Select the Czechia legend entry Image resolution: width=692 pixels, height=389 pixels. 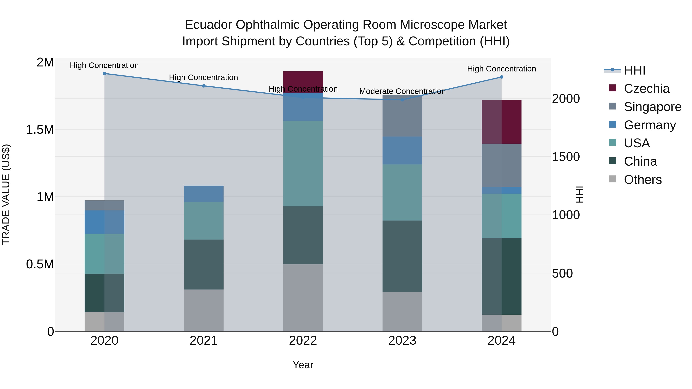point(646,89)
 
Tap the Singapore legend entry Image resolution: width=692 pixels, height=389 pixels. point(652,107)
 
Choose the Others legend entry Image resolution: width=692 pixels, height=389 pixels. point(643,180)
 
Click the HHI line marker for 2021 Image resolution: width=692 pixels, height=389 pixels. point(204,86)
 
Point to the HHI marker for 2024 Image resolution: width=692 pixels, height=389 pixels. point(501,77)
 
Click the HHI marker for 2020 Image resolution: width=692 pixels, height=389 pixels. point(105,74)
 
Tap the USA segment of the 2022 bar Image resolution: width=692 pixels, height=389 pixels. point(303,163)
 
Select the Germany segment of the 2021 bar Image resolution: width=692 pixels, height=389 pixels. point(204,194)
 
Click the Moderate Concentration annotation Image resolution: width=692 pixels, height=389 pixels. point(402,91)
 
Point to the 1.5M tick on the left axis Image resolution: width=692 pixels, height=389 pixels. point(40,130)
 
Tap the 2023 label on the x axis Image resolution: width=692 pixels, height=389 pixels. point(402,341)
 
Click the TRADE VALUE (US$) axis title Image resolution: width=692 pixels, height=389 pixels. point(6,194)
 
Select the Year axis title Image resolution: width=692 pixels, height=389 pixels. point(303,365)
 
